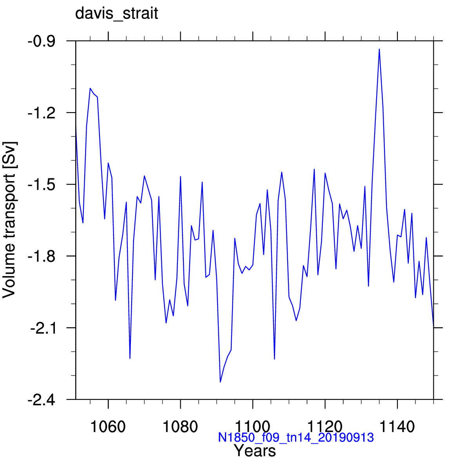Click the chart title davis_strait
coord(116,14)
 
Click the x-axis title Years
coord(255,450)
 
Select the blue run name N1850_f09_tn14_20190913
coord(296,437)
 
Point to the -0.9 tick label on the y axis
coord(41,41)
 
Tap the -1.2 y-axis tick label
coord(41,113)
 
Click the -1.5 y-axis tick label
coord(41,184)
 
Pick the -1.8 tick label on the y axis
coord(41,256)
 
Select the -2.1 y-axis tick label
coord(42,328)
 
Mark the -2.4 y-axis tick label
coord(41,400)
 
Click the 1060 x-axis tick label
coord(108,427)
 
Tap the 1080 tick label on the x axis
coord(180,427)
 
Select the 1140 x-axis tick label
coord(397,427)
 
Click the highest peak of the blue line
coord(379,49)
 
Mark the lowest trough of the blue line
coord(220,382)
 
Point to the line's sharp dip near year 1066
coord(130,358)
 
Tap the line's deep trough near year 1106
coord(274,359)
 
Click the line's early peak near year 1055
coord(90,88)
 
